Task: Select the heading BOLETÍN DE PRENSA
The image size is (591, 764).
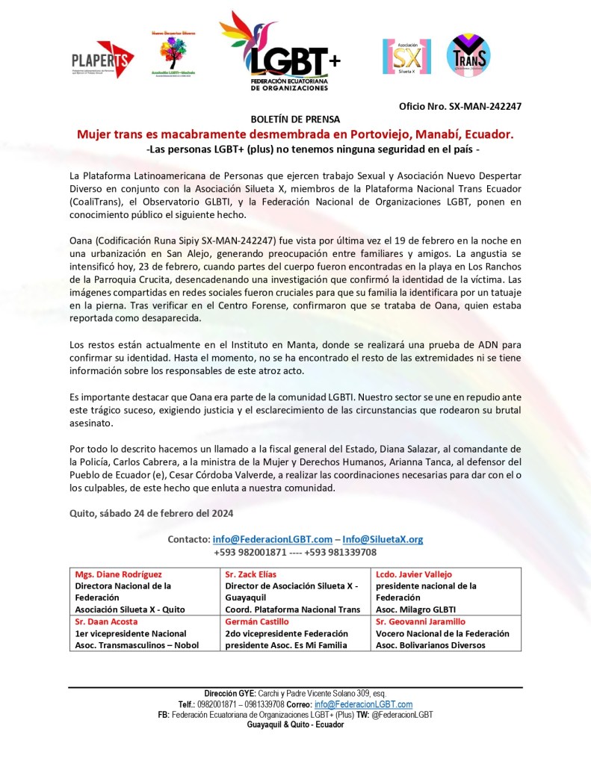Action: pos(295,119)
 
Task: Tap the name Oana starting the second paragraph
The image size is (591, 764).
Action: pos(80,239)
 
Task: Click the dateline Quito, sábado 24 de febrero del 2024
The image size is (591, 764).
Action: pos(150,512)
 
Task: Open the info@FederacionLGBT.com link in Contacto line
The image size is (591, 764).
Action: pos(272,538)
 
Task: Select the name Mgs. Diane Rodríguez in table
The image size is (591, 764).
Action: pos(118,574)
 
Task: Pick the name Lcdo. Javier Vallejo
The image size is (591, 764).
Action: pos(414,574)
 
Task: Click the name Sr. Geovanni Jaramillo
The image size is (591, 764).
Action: pos(420,621)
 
